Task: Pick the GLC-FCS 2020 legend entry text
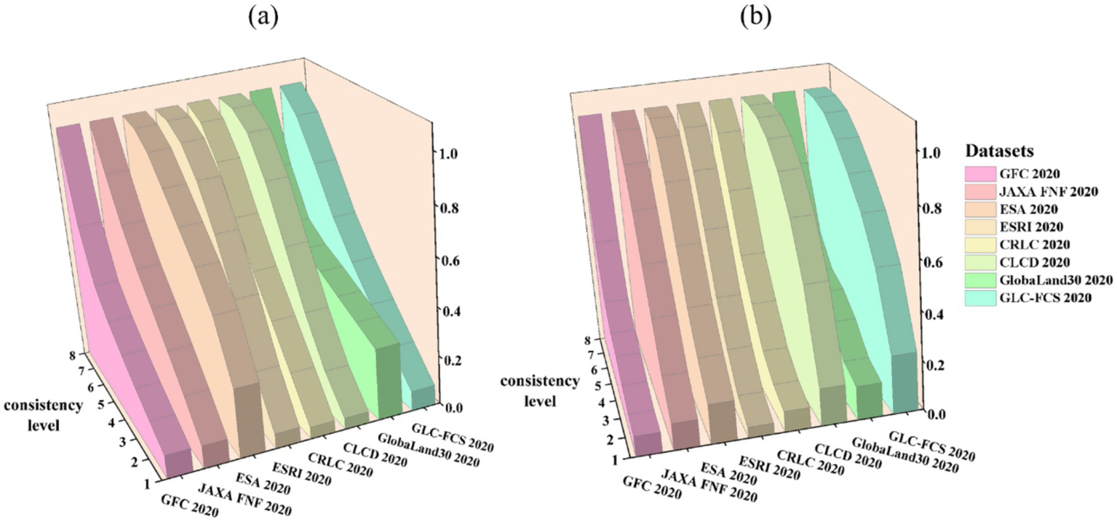coord(1050,297)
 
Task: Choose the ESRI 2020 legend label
coord(1037,227)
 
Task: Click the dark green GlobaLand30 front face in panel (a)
coord(389,379)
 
